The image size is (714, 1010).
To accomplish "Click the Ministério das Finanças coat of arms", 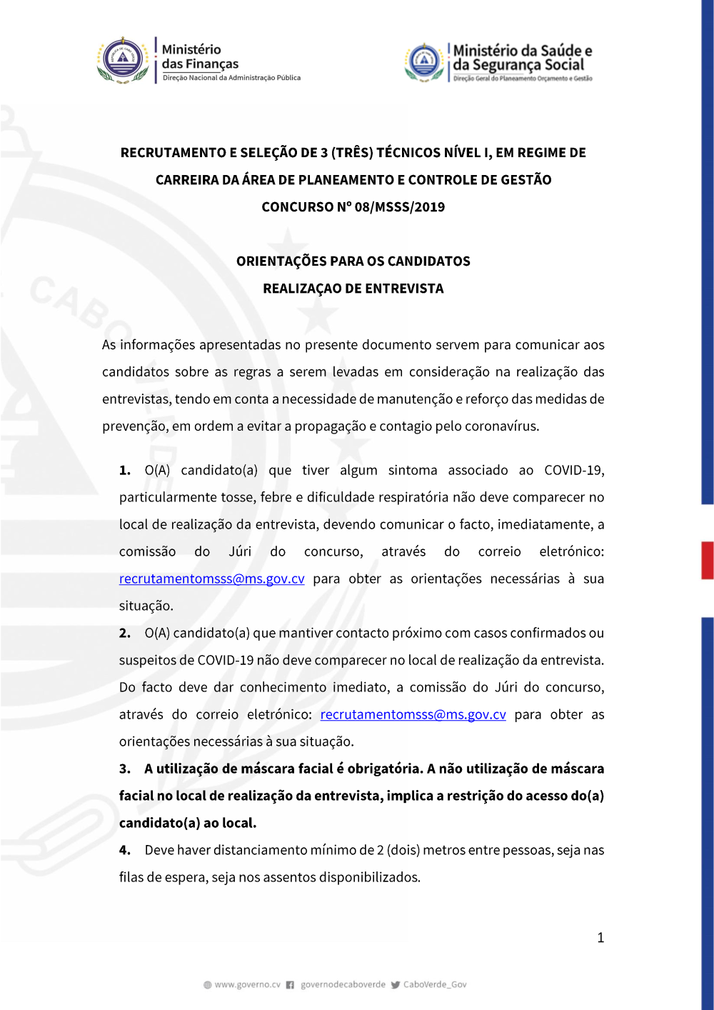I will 123,60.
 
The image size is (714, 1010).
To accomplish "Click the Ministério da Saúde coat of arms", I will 424,62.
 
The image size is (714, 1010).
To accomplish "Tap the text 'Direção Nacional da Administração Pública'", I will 231,78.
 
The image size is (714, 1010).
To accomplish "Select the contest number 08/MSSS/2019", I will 399,207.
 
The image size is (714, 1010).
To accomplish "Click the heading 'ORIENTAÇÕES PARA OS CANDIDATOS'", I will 353,261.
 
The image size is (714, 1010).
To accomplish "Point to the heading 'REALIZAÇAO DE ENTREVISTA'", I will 353,289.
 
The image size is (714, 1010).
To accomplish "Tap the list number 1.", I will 125,471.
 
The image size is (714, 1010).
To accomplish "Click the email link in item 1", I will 212,579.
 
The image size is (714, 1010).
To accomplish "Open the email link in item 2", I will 413,715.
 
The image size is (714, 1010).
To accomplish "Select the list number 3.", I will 125,769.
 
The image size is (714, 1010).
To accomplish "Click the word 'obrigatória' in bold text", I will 384,769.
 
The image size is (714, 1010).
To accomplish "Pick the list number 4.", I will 125,851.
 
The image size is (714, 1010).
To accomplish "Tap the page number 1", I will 600,938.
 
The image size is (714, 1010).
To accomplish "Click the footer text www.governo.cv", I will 247,985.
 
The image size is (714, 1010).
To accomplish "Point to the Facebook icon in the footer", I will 290,985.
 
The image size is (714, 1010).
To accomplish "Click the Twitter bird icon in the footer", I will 396,985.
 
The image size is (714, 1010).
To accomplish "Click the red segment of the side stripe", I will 708,560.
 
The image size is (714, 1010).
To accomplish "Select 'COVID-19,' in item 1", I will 574,471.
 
